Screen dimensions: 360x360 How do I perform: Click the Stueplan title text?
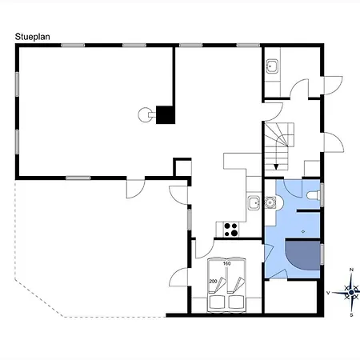click(x=33, y=37)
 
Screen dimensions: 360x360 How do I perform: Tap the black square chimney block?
click(x=166, y=115)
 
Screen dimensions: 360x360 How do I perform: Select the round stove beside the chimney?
click(x=146, y=114)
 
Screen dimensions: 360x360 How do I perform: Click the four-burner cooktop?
click(x=231, y=230)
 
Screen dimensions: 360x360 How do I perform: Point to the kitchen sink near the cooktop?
click(x=254, y=203)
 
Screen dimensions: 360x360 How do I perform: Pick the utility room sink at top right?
click(x=272, y=66)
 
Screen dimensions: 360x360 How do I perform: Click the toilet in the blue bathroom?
click(x=314, y=195)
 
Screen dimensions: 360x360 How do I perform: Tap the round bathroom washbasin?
click(x=270, y=202)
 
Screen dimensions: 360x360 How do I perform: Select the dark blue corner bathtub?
click(x=302, y=254)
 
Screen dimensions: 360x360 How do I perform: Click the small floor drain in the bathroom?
click(x=303, y=231)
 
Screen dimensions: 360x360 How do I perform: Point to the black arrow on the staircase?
click(x=276, y=167)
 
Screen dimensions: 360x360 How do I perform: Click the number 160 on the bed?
click(x=226, y=263)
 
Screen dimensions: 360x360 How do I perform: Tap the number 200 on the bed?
click(x=213, y=281)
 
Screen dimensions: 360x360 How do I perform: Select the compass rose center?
click(x=351, y=293)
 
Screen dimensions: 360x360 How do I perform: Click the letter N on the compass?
click(x=351, y=270)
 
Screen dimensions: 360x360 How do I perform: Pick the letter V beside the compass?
click(x=328, y=293)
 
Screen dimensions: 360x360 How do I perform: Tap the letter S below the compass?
click(x=351, y=315)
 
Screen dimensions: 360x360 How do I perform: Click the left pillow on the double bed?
click(x=217, y=302)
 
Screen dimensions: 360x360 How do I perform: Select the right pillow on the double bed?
click(x=236, y=302)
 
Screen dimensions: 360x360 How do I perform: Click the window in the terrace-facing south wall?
click(x=78, y=178)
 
